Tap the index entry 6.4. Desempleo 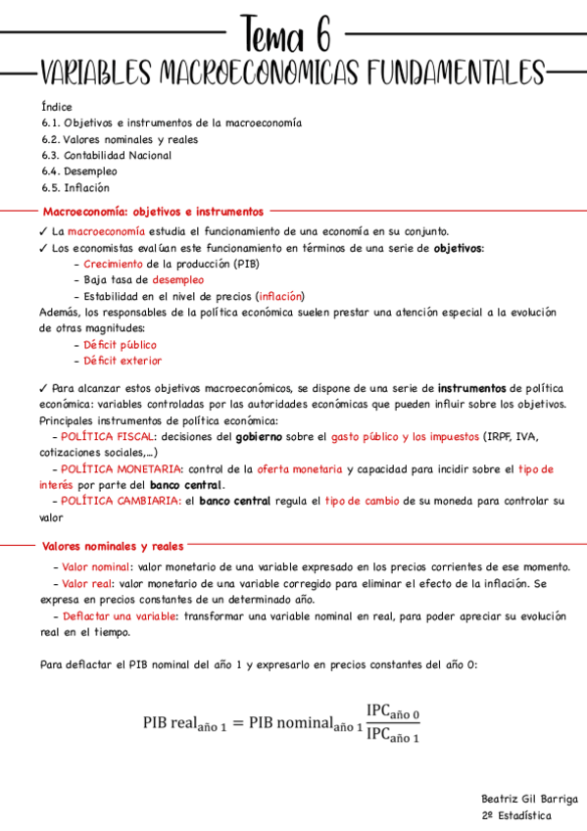pos(72,171)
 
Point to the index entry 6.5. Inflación pos(75,187)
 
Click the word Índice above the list pos(57,107)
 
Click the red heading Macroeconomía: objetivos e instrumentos pos(152,211)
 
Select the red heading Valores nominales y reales pos(112,546)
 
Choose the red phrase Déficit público pos(120,345)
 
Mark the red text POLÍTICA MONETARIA pos(121,469)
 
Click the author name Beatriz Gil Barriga pos(529,799)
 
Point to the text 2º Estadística pos(515,815)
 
